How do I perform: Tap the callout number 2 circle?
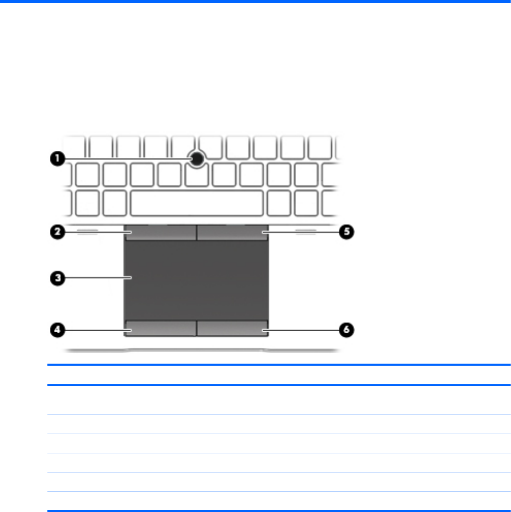(x=57, y=232)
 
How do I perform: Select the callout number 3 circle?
(x=57, y=278)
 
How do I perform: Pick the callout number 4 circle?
(x=57, y=330)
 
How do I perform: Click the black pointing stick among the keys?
(x=196, y=159)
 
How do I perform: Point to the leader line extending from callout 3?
(x=98, y=278)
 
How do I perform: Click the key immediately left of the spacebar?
(x=114, y=203)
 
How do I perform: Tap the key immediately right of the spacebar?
(x=278, y=203)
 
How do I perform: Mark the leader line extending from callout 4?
(x=98, y=330)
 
